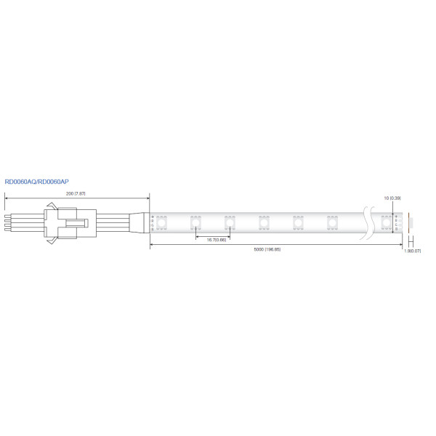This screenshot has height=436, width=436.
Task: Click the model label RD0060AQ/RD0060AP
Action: (x=36, y=182)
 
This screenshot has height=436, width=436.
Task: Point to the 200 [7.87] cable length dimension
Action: (x=76, y=194)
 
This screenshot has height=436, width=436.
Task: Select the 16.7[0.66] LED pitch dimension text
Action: (x=217, y=239)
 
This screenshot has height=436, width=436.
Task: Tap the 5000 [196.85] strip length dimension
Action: (x=267, y=250)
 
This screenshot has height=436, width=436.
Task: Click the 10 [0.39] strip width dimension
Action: (x=392, y=198)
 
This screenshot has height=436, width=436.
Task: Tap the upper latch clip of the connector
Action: (x=51, y=209)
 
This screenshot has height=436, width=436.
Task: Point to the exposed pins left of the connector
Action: (x=9, y=222)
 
